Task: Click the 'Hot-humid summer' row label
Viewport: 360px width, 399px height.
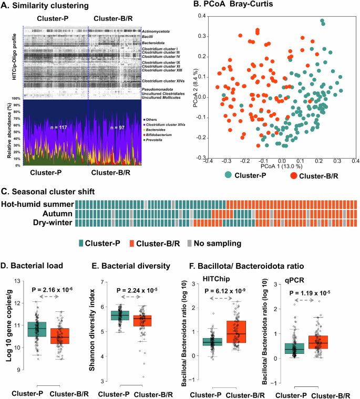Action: pyautogui.click(x=37, y=204)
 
